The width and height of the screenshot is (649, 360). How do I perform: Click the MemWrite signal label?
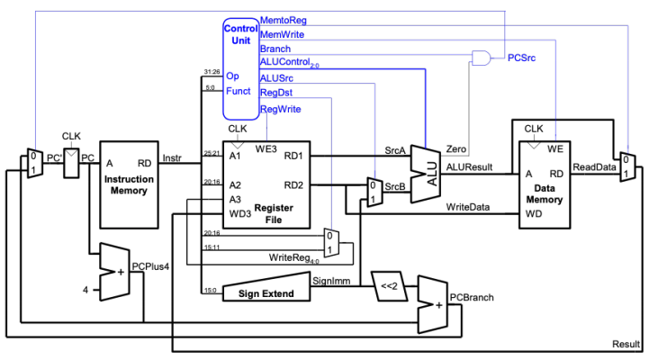tap(281, 33)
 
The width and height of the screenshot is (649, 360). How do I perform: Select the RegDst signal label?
tap(276, 93)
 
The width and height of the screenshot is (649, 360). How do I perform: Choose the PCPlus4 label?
tap(149, 266)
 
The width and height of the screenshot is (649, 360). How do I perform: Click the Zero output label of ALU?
tap(456, 148)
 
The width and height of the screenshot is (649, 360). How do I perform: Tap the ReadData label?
tap(593, 166)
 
